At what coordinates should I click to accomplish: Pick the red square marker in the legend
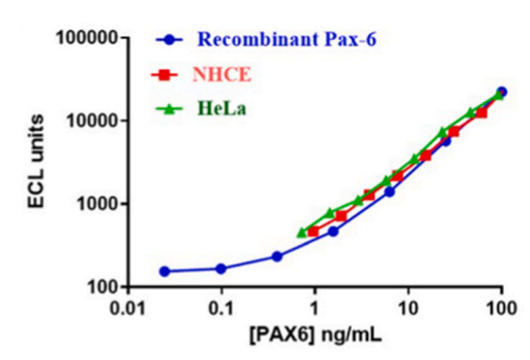coord(164,75)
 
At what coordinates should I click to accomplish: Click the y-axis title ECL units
coord(38,162)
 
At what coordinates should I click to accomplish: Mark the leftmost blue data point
coord(164,272)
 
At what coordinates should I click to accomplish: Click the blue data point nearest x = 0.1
coord(221,268)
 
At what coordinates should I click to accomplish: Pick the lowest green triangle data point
coord(301,232)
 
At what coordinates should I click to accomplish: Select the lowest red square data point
coord(314,231)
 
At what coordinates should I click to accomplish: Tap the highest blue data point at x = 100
coord(501,92)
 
